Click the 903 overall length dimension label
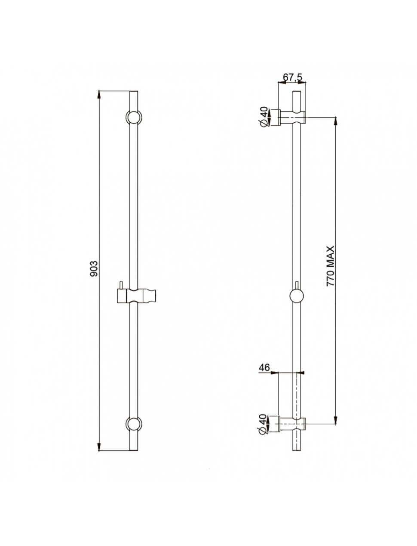point(95,269)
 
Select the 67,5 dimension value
point(292,77)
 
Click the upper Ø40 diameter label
point(264,117)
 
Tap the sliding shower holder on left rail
point(136,296)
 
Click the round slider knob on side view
point(297,296)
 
